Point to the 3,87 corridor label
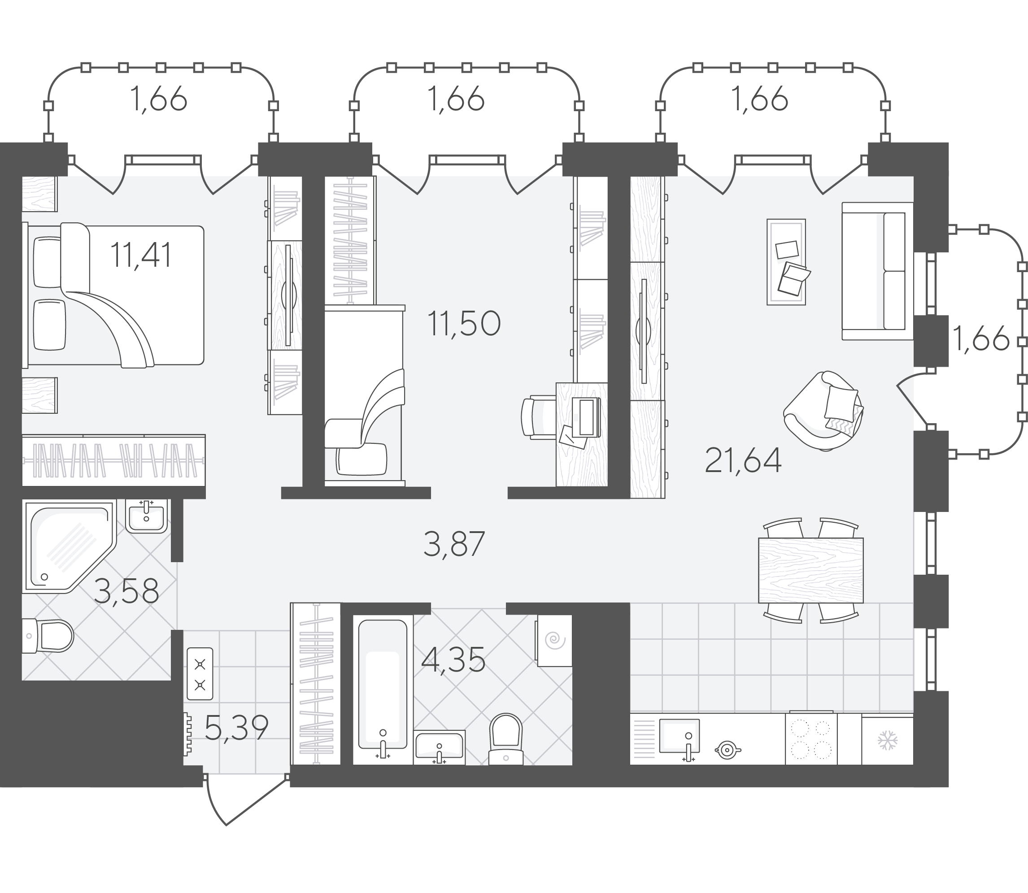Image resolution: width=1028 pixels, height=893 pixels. tap(454, 544)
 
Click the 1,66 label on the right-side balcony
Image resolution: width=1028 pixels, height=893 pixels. tap(980, 340)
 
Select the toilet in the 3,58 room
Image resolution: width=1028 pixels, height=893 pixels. tap(48, 636)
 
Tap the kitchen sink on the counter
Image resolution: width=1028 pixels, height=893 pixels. tap(679, 736)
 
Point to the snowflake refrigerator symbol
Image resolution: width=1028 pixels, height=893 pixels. tap(888, 741)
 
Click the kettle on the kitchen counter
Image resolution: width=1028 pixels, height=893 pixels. tap(727, 750)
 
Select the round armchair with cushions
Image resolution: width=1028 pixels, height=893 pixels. tap(823, 411)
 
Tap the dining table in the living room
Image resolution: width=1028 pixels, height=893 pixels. tap(810, 571)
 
